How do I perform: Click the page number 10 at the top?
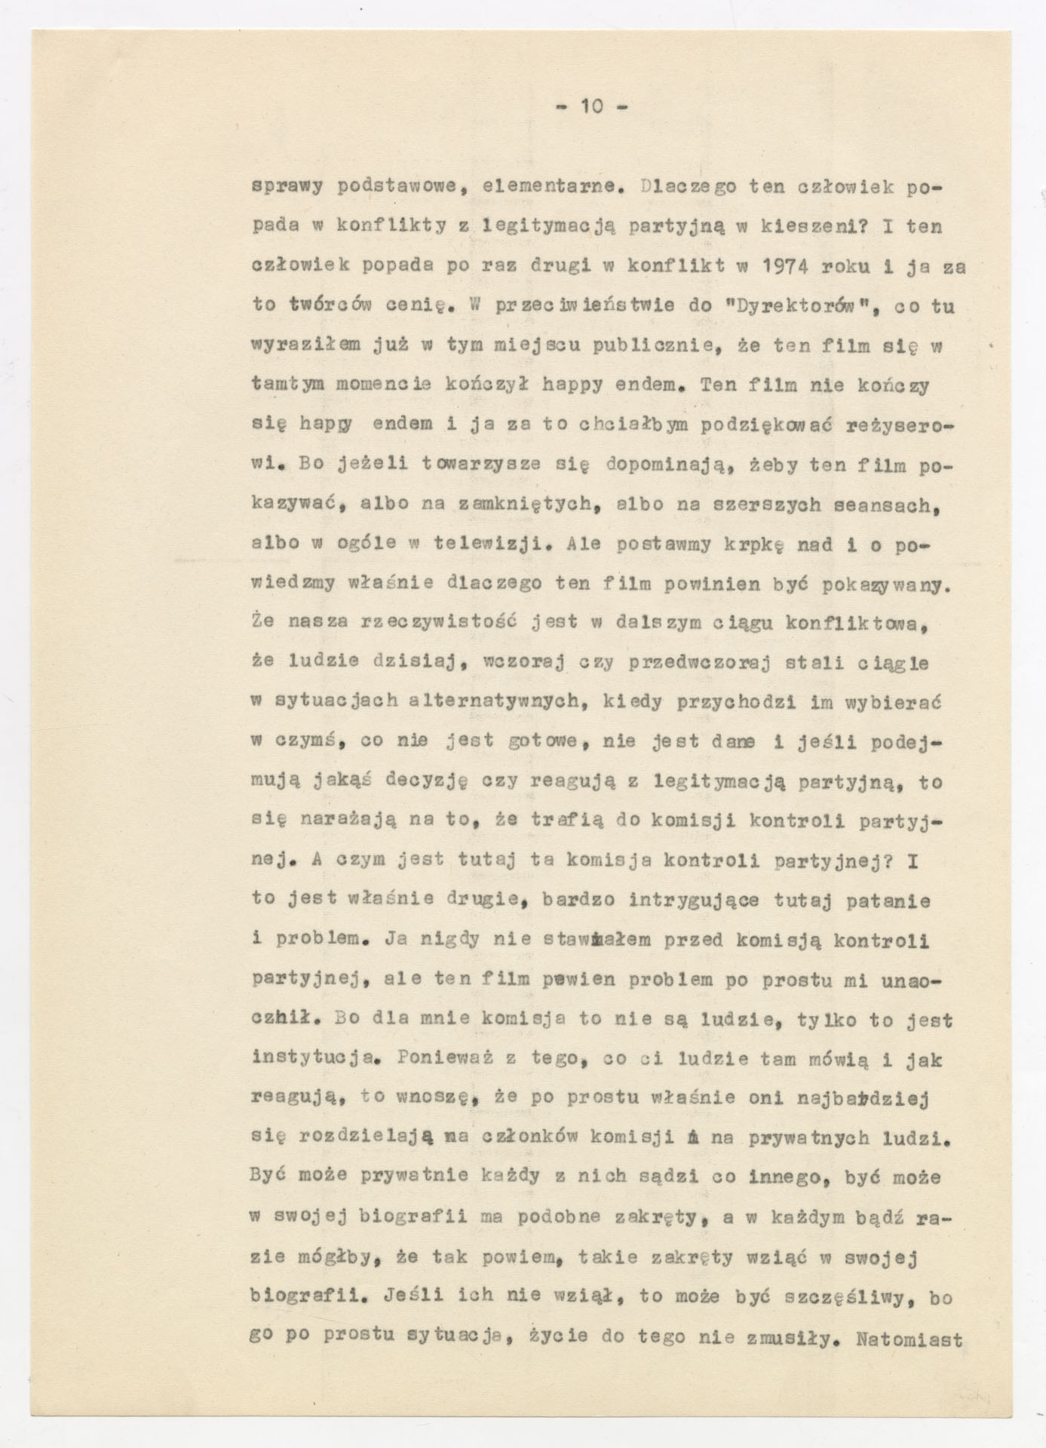pyautogui.click(x=591, y=107)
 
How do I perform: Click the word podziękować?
pyautogui.click(x=766, y=425)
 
